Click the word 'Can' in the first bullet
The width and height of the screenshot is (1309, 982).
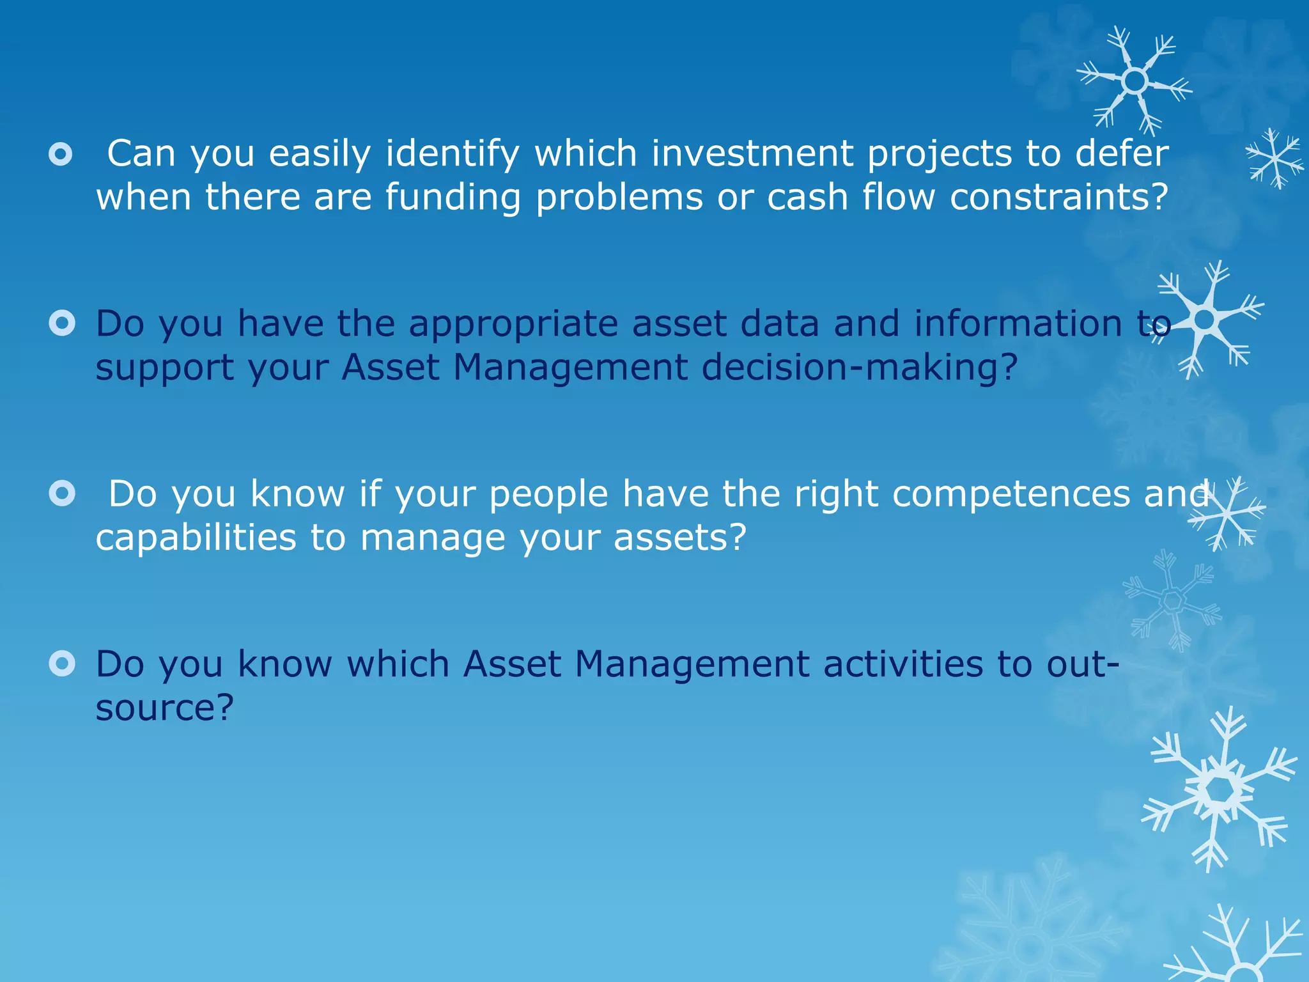coord(141,153)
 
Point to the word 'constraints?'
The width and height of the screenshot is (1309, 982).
coord(1059,197)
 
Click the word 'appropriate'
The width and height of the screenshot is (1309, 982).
coord(513,324)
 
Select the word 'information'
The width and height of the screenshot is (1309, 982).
coord(1018,323)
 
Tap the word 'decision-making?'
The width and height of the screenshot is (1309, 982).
coord(859,367)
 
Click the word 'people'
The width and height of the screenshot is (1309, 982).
coord(548,494)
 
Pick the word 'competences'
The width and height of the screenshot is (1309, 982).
coord(1011,494)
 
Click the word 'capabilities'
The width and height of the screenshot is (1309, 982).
coord(196,537)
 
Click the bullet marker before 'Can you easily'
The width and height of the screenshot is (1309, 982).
coord(61,153)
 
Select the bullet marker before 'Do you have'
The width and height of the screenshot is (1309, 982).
coord(62,323)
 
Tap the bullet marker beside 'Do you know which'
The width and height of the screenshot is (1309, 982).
coord(62,664)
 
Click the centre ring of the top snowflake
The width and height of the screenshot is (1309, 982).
coord(1135,81)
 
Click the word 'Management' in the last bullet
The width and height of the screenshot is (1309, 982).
coord(692,664)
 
